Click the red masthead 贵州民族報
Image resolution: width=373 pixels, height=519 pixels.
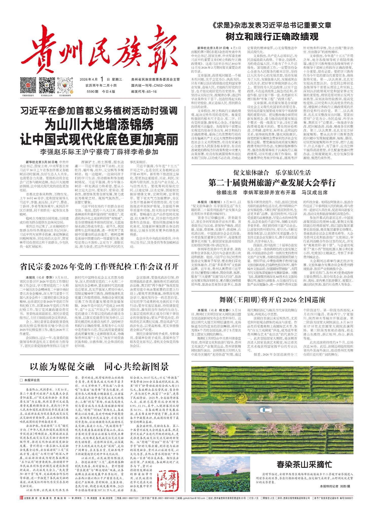coord(101,50)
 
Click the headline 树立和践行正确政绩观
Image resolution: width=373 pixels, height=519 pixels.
coord(272,37)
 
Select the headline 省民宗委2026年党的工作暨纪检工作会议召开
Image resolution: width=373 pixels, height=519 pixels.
coord(99,267)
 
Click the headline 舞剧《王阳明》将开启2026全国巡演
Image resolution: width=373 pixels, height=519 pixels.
coord(272,300)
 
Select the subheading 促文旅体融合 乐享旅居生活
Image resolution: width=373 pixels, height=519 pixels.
coord(272,173)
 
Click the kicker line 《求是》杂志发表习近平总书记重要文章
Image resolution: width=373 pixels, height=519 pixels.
coord(272,25)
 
